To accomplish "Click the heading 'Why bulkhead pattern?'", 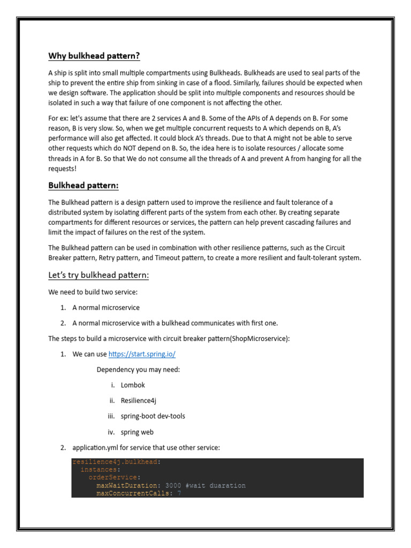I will click(95, 56).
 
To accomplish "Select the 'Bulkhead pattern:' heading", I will click(83, 185).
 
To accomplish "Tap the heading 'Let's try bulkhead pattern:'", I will click(98, 275).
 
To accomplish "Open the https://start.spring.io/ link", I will click(142, 354).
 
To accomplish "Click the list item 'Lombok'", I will click(133, 385).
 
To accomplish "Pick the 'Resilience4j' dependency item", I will click(139, 400).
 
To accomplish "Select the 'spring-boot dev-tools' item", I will click(153, 416).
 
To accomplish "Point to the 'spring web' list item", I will click(138, 432).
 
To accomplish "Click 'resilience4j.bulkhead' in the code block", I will click(115, 462).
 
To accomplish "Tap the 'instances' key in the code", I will click(100, 469).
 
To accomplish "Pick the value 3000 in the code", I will click(173, 485).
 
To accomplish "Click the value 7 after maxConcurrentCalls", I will click(179, 493).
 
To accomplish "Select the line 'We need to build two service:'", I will click(93, 292).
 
